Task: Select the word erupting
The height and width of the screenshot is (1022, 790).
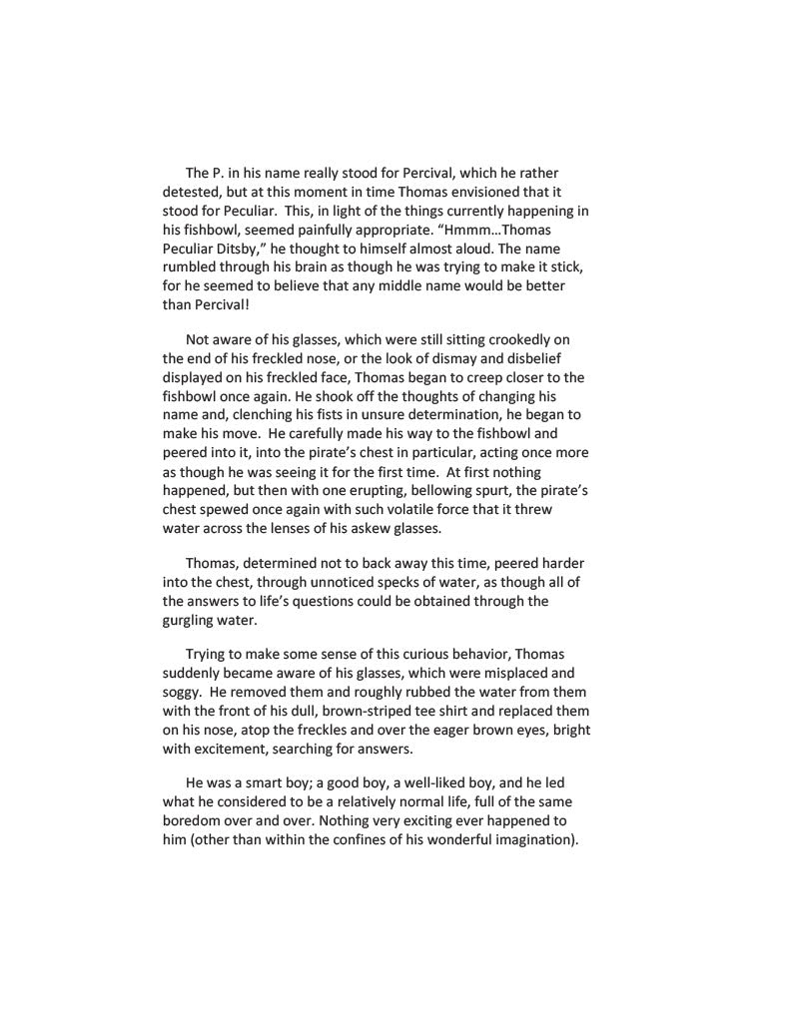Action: pos(373,490)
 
